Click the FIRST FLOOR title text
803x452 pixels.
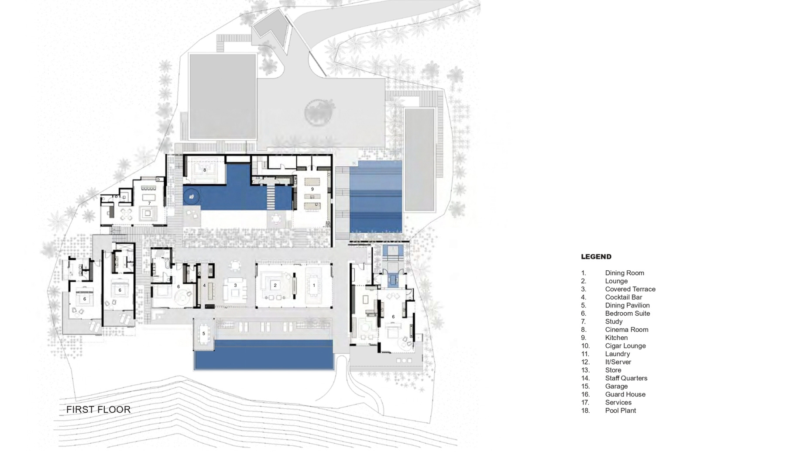point(98,410)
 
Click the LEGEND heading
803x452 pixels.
point(596,257)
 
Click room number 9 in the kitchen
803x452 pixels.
point(312,189)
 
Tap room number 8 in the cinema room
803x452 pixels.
point(205,170)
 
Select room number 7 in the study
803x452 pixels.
point(149,204)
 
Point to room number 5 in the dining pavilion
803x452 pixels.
point(204,334)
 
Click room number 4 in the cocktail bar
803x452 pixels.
point(204,286)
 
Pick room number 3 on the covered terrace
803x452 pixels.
point(235,286)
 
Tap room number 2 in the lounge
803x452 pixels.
point(275,285)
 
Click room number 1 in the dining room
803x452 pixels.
point(314,286)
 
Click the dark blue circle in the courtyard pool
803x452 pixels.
point(191,197)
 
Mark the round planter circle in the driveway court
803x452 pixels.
point(320,113)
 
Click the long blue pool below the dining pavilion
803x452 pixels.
point(264,355)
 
